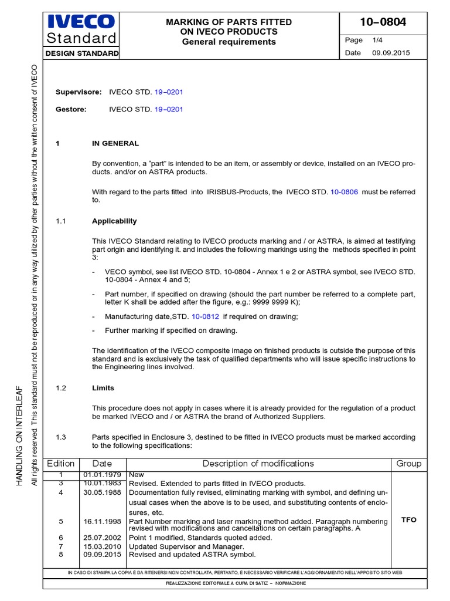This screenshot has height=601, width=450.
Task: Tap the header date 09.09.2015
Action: pos(391,53)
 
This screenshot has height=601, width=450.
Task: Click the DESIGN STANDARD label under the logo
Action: pos(81,53)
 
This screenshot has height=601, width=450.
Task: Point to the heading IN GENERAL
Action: pos(115,143)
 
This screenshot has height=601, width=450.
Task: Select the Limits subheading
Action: pos(103,388)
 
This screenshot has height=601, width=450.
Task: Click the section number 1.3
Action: pos(62,437)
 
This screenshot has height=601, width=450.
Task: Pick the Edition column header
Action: pos(61,464)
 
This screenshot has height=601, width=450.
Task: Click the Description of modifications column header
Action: pos(258,464)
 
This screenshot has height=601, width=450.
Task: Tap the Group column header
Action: pos(408,464)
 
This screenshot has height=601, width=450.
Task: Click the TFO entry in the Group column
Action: pos(408,520)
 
